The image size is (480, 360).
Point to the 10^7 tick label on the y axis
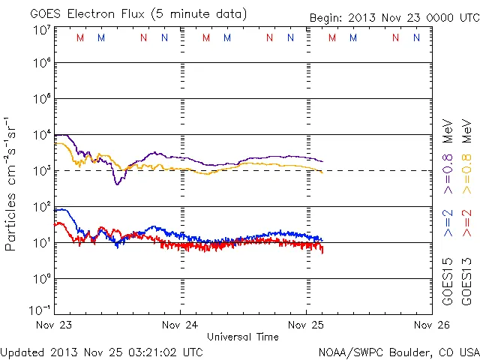coord(42,31)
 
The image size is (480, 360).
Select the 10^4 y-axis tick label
coord(42,135)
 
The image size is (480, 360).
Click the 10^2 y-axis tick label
coord(42,207)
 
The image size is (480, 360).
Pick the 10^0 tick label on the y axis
coord(42,279)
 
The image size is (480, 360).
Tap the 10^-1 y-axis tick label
coord(40,310)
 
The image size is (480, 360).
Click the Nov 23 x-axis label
coord(54,325)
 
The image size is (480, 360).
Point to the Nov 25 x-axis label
coord(306,325)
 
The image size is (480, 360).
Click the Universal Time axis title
coord(242,337)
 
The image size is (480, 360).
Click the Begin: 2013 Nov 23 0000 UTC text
coord(393,17)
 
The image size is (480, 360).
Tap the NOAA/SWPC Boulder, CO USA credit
coord(398,352)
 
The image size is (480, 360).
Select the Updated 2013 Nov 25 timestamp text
coord(102,352)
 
